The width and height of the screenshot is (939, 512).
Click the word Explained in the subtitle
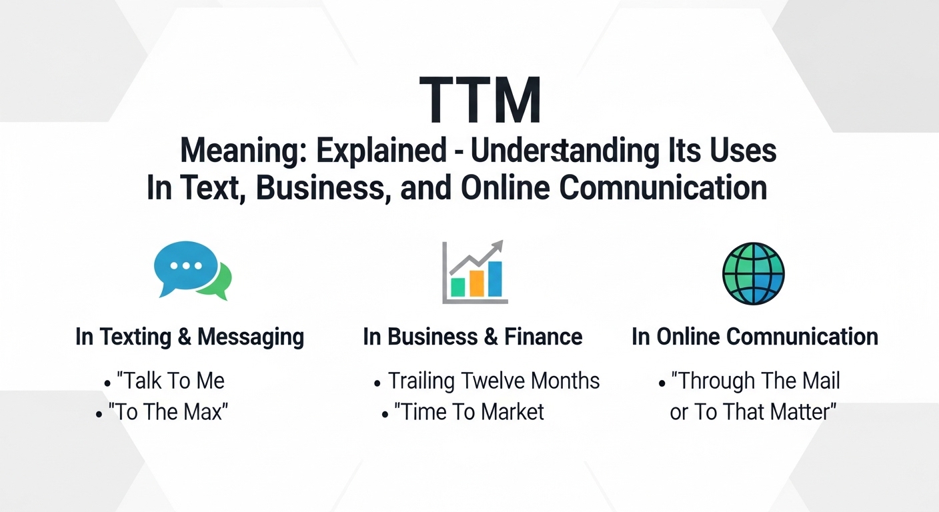tap(381, 152)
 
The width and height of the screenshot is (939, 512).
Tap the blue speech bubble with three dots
tap(186, 265)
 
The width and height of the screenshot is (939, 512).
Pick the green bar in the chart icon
tap(457, 286)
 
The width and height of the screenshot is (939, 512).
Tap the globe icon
tap(753, 273)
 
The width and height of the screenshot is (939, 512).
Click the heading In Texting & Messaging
tap(189, 337)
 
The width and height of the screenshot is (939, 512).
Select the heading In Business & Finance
tap(472, 337)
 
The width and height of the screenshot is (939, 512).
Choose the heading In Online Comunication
tap(754, 337)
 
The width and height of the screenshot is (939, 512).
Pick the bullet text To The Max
tap(172, 412)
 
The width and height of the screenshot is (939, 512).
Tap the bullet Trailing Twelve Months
tap(494, 381)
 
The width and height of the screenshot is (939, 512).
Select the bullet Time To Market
tap(469, 412)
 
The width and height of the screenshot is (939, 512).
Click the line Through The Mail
tap(756, 381)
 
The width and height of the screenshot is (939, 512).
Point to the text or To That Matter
tap(753, 412)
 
